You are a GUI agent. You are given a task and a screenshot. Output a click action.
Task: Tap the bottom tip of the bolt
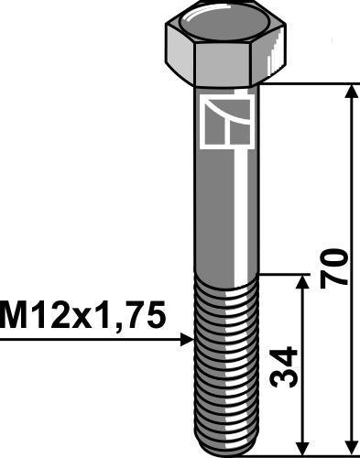tap(224, 448)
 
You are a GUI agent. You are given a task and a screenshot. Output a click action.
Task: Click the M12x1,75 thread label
tap(84, 316)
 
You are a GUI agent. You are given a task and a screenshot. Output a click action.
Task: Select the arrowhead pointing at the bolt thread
tap(187, 339)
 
